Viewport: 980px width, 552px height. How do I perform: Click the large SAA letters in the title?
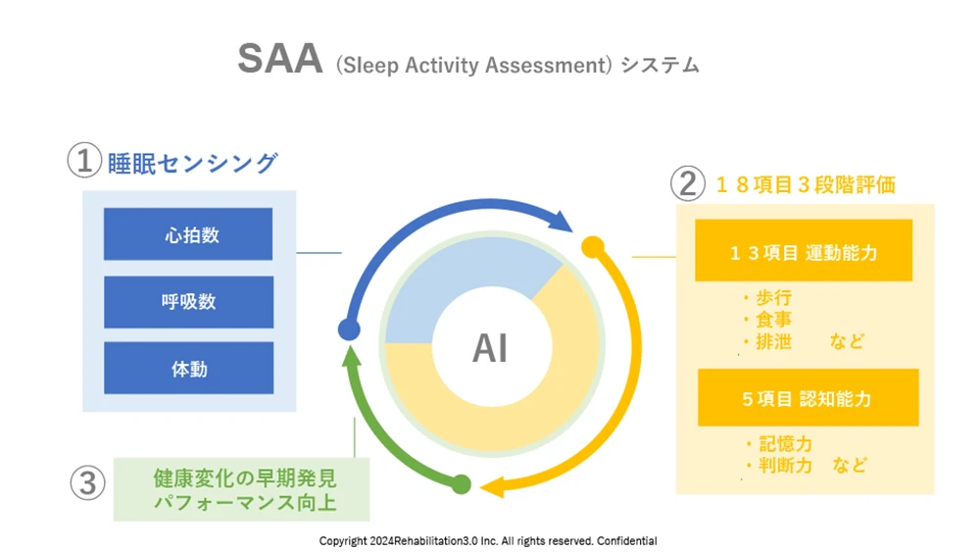coord(279,60)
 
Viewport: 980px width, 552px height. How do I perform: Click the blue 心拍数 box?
coord(188,234)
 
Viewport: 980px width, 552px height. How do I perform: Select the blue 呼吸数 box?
coord(188,302)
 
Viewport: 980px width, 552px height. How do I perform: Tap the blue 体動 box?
coord(188,369)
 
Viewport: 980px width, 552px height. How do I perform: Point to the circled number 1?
coord(84,160)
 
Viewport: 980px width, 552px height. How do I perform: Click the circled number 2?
coord(686,183)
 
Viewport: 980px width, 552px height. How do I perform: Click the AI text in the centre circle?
coord(490,349)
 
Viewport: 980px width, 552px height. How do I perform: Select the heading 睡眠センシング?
coord(192,162)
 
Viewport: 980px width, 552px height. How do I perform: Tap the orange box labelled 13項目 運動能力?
coord(804,252)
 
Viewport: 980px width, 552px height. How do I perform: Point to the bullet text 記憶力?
coord(778,445)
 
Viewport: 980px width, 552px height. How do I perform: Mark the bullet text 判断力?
coord(778,466)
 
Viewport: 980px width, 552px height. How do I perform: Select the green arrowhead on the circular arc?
coord(350,358)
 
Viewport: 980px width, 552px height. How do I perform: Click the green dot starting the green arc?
coord(461,482)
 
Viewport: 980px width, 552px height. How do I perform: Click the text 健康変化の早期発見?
coord(245,479)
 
